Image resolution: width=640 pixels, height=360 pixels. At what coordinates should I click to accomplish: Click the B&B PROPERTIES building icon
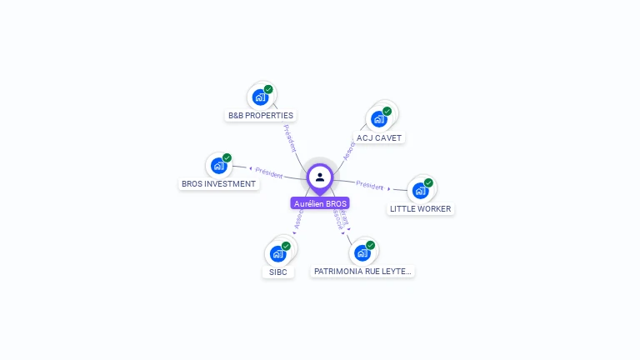(260, 97)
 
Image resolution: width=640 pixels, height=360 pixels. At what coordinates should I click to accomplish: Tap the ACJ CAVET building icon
(379, 119)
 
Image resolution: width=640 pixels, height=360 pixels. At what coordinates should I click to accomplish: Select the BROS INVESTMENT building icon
(218, 166)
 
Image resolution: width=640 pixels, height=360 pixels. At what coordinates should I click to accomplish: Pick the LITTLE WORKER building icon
(420, 191)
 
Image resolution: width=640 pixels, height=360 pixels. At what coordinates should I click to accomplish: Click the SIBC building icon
(277, 254)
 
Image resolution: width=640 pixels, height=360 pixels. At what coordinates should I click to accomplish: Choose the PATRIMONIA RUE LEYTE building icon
(362, 252)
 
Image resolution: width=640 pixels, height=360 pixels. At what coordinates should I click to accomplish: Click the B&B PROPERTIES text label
(261, 116)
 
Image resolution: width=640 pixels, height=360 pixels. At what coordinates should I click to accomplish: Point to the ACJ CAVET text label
(379, 137)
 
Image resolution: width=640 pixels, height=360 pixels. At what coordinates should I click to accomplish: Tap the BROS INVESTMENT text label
(218, 184)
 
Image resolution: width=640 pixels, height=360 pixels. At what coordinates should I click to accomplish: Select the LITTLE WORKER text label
(421, 209)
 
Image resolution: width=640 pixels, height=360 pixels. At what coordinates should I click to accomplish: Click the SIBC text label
(277, 272)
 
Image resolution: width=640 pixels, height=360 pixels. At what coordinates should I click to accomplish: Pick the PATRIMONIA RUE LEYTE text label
(362, 272)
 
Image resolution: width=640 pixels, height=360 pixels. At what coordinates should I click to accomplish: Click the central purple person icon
(320, 177)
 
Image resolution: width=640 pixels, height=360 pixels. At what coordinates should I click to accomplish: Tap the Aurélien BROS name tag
(320, 203)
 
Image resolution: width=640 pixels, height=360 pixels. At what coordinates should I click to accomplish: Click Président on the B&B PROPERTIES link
(290, 137)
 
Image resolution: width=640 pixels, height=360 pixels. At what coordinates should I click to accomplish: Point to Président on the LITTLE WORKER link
(369, 184)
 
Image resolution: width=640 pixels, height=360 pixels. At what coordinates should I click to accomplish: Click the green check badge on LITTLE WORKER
(428, 182)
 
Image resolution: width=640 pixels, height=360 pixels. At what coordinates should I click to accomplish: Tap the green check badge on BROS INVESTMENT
(227, 157)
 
